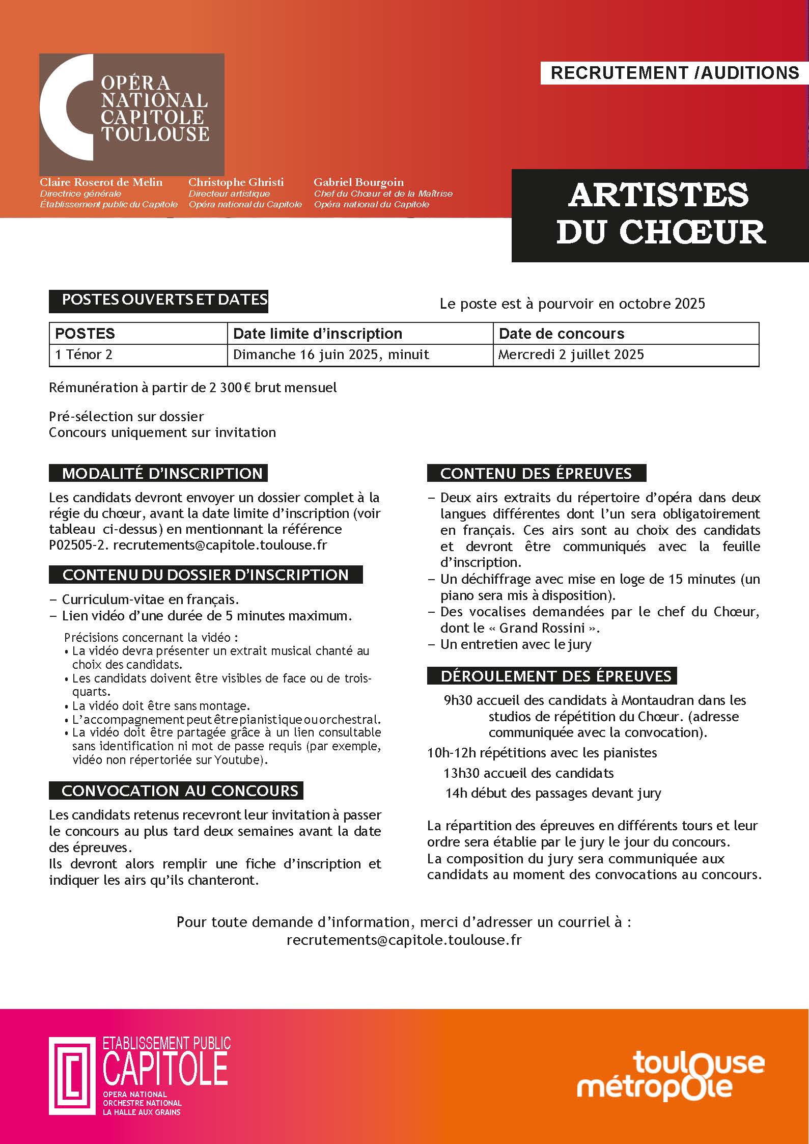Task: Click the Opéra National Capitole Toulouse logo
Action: tap(131, 114)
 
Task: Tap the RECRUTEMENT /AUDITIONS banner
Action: tap(674, 73)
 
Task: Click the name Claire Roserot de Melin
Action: tap(101, 182)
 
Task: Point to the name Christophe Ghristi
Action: tap(236, 182)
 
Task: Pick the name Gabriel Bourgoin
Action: tap(358, 182)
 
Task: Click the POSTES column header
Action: tap(85, 334)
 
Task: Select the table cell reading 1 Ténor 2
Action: tap(83, 355)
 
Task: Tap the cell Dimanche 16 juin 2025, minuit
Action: tap(331, 355)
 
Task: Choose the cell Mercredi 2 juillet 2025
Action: tap(571, 355)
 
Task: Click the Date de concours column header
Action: tap(561, 334)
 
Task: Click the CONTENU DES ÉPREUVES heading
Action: tap(536, 473)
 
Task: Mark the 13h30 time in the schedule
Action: tap(461, 773)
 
